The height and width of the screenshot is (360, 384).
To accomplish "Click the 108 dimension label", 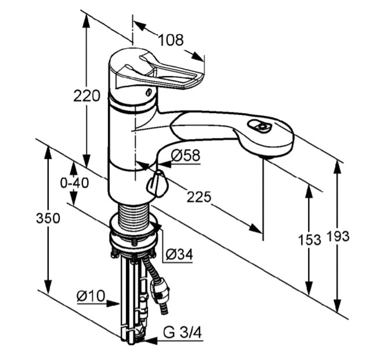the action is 171,40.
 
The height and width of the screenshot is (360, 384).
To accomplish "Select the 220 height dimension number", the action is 87,96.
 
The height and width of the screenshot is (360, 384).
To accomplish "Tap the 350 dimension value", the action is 48,218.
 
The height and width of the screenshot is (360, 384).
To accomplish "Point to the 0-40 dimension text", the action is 75,183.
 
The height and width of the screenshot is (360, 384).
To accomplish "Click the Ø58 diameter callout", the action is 186,155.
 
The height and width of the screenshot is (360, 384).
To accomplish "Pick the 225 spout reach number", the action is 199,197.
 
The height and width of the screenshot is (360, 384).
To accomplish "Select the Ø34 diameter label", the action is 179,254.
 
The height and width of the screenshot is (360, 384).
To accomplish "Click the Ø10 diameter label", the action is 91,296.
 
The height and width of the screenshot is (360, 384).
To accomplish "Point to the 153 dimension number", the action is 310,239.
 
